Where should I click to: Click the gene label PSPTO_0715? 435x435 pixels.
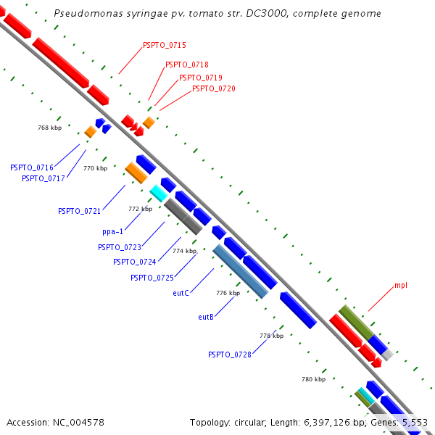pos(165,45)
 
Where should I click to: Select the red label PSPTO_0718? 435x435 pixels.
pos(187,65)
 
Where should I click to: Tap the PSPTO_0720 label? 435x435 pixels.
pos(214,88)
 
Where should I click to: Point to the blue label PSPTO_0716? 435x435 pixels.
pos(32,167)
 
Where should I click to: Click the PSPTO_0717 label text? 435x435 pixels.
pos(43,178)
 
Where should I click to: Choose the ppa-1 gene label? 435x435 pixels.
pos(112,232)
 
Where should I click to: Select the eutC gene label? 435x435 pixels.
pos(181,293)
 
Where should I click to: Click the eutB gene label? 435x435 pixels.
pos(206,317)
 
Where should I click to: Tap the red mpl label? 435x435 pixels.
pos(401,286)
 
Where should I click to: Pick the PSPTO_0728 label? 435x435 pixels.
pos(230,355)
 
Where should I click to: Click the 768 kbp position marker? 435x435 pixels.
pos(49,128)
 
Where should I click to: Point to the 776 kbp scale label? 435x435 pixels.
pos(228,293)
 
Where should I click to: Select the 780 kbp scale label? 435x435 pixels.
pos(313,379)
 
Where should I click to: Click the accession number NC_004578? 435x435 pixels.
pos(78,423)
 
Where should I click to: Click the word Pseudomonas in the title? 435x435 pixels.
pos(88,13)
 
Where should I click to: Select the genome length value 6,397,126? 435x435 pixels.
pos(327,423)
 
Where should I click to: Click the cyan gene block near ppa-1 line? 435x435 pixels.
pos(158,193)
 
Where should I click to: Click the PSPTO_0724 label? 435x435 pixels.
pos(135,262)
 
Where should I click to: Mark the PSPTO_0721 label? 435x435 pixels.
pos(79,211)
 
